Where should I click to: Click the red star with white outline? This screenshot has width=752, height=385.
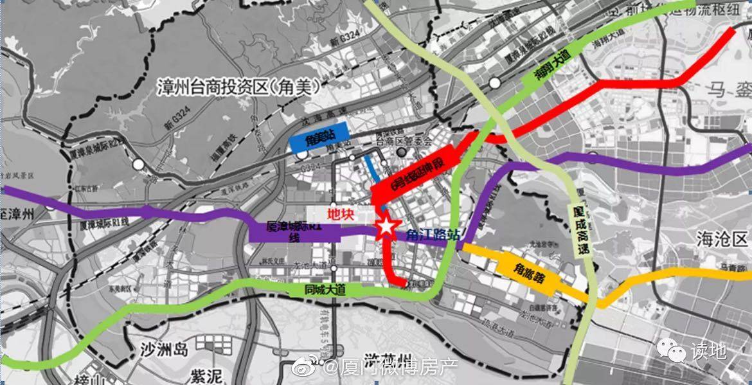click(385, 228)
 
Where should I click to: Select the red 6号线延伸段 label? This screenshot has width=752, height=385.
click(418, 171)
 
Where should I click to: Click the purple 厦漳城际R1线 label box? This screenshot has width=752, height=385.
click(293, 232)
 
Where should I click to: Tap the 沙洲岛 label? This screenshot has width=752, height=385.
click(164, 350)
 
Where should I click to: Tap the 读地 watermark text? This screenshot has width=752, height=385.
click(708, 352)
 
